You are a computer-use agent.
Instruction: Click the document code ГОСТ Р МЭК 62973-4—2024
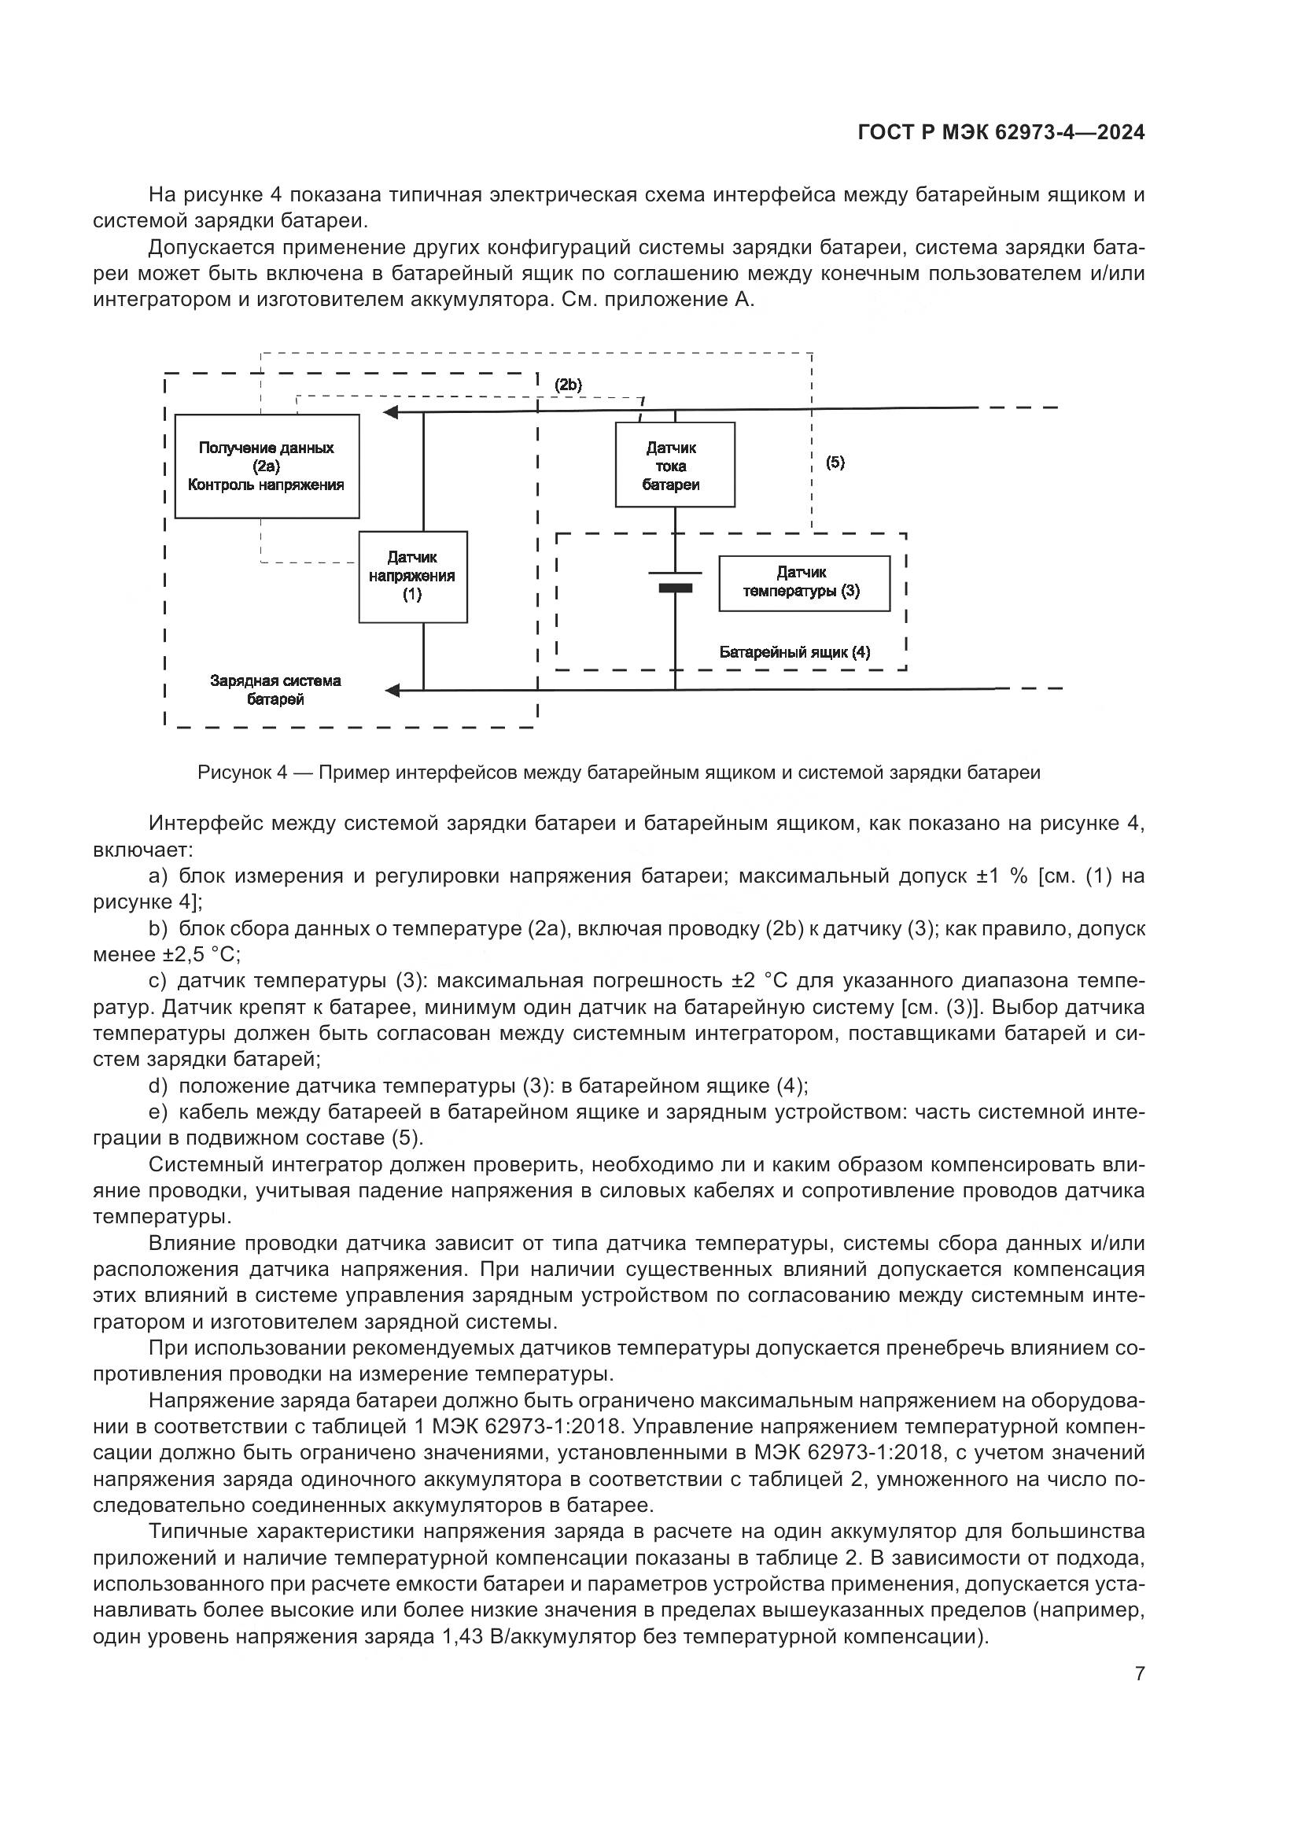point(1001,132)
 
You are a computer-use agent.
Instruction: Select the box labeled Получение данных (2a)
point(267,466)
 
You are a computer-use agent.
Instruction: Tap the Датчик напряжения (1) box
point(413,577)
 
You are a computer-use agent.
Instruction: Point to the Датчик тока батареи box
point(675,465)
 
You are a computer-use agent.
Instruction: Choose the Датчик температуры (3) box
point(805,584)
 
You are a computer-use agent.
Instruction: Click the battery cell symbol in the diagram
point(675,581)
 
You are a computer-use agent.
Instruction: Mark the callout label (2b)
point(568,385)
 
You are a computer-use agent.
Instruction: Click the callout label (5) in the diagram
point(835,463)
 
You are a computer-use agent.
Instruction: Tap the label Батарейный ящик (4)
point(794,652)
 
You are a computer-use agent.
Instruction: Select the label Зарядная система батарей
point(275,690)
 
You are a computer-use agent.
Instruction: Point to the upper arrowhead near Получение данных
point(391,413)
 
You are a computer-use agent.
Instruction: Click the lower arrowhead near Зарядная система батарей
point(393,690)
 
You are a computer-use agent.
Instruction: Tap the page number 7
point(1139,1674)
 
